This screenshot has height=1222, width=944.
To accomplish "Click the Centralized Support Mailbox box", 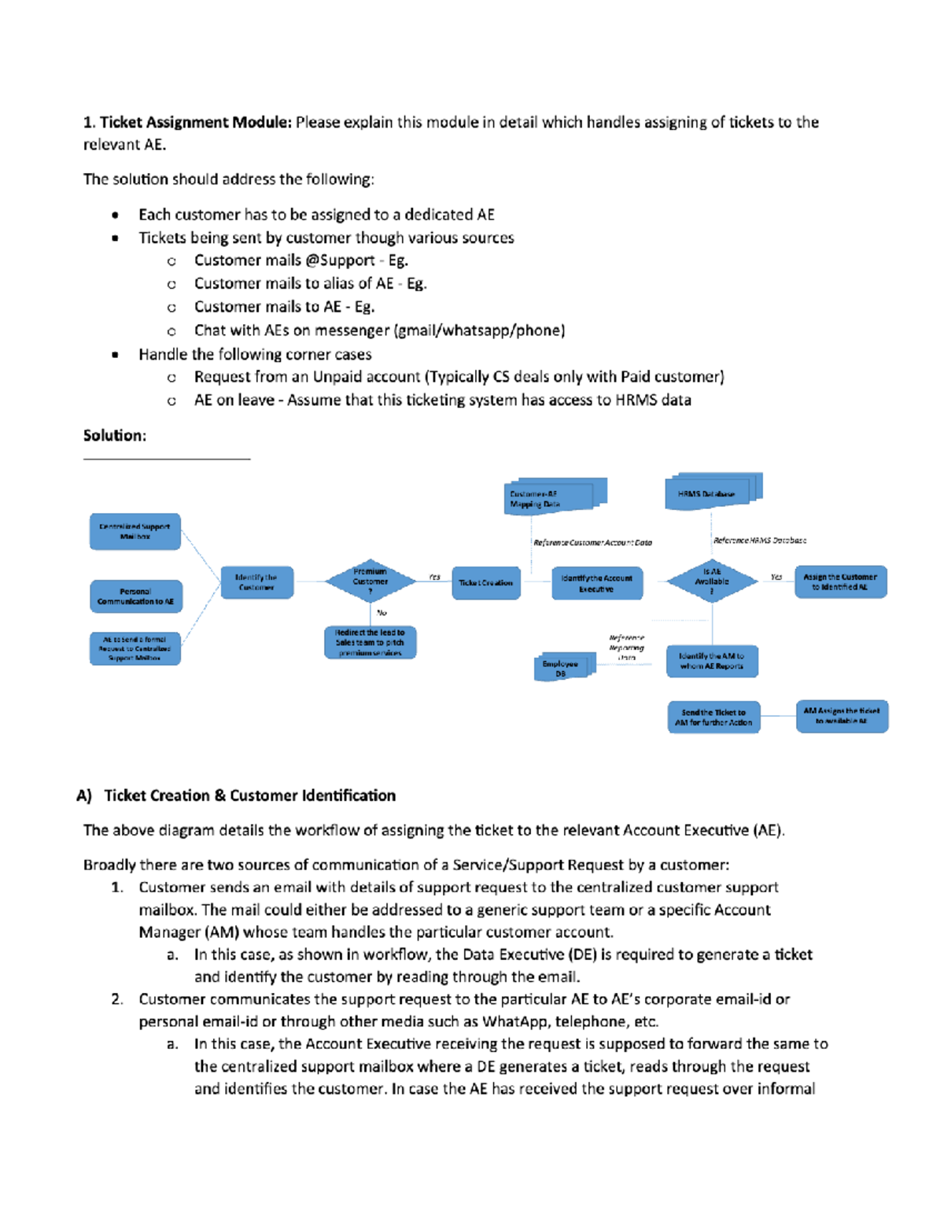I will coord(135,532).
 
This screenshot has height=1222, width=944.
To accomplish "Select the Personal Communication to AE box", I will coord(135,596).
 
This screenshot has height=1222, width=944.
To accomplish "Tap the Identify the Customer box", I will coord(256,582).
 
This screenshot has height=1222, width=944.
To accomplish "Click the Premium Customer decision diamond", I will coord(370,581).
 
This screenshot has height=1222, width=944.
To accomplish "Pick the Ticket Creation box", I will coord(485,583).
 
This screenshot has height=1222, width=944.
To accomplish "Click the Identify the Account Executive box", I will coord(596,583).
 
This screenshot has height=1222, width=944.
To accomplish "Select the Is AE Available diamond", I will coord(711,581).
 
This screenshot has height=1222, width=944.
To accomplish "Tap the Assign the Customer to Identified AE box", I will coord(839,581).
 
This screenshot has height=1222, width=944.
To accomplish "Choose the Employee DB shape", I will coord(562,667).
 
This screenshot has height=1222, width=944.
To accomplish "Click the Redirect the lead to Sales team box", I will coord(370,642).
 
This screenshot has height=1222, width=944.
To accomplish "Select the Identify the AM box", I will coord(711,661).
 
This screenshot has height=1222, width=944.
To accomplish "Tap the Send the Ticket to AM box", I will coord(714,717).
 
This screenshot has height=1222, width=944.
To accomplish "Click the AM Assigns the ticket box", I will coord(841,715).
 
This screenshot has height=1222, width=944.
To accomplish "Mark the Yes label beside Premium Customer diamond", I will coord(434,577).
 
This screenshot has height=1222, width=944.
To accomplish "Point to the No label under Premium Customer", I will coord(382,612).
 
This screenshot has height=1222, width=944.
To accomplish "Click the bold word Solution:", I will coord(115,435).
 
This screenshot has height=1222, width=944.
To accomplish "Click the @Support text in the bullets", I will coord(340,260).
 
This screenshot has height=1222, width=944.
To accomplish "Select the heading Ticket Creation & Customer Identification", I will coord(249,796).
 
